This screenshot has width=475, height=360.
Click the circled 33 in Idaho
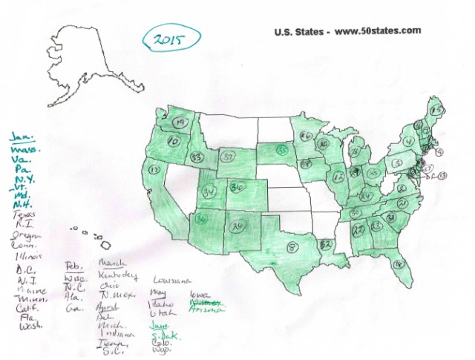point(197,157)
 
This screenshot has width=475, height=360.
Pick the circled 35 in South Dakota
point(282,148)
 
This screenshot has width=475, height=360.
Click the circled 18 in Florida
point(399,261)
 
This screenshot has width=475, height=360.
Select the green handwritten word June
point(160,326)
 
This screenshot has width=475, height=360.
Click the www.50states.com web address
point(378,31)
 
